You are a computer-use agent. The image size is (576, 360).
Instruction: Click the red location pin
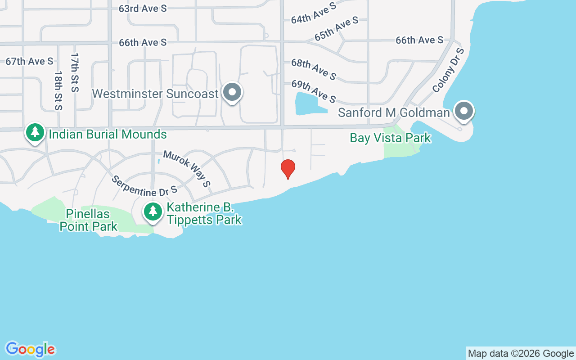(x=288, y=169)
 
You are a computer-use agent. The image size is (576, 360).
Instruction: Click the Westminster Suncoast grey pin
(x=232, y=92)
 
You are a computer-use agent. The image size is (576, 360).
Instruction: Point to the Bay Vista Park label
(x=391, y=138)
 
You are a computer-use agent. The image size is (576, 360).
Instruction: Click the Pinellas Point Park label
(x=89, y=220)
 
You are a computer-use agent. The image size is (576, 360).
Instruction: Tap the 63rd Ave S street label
(x=143, y=9)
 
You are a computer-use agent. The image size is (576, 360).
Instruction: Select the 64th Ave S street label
(x=314, y=13)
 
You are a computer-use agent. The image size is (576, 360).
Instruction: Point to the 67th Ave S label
(x=29, y=61)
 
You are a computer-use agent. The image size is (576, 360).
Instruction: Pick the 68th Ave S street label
(x=314, y=69)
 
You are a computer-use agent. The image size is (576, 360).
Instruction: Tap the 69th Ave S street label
(x=314, y=91)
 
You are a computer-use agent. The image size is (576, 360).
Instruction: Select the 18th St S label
(x=58, y=90)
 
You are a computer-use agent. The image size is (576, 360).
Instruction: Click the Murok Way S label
(x=187, y=168)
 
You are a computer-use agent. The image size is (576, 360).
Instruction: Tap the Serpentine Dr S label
(x=144, y=186)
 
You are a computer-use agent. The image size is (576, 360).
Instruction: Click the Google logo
(x=30, y=349)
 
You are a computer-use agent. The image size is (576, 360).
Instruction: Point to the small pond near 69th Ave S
(x=308, y=103)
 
